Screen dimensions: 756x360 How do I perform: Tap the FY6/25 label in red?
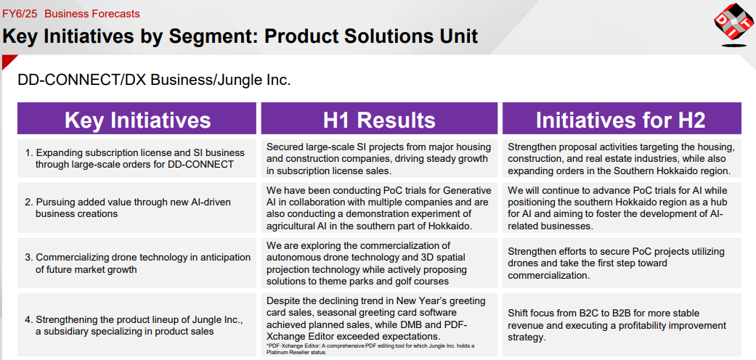20,14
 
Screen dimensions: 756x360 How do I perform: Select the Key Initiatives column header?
137,118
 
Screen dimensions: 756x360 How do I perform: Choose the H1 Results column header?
379,118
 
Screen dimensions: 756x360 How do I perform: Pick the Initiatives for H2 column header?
622,118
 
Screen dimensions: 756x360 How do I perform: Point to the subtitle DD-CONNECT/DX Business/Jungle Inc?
154,80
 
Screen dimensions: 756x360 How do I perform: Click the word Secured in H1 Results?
284,147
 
